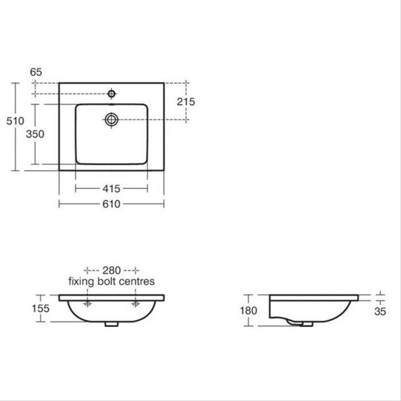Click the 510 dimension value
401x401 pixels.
[x=14, y=121]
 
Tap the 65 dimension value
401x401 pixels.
[x=36, y=72]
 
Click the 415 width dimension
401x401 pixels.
[x=112, y=188]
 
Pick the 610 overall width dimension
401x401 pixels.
[x=112, y=203]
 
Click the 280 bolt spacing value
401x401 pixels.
[x=112, y=270]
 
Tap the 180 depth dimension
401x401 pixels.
[x=248, y=310]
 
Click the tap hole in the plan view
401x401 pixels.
[x=112, y=93]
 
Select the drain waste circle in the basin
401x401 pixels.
[x=112, y=119]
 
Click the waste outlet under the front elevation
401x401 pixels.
[x=112, y=324]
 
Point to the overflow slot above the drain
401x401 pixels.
[x=112, y=105]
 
